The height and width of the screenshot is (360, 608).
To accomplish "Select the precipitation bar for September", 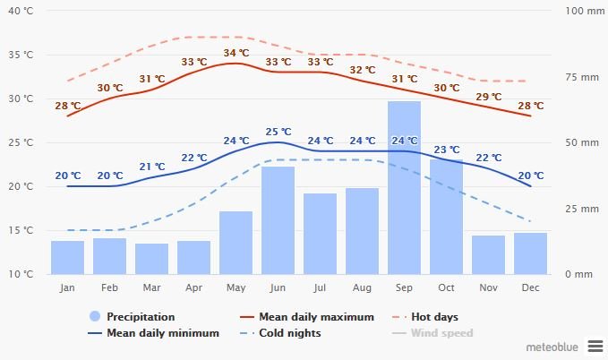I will point(404,187).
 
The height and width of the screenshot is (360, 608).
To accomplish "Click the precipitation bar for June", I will point(278,219).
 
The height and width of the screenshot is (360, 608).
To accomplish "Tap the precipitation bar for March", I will point(151,258).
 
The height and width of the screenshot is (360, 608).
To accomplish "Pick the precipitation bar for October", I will point(446,216).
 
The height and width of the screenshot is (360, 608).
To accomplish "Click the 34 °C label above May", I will point(236,53).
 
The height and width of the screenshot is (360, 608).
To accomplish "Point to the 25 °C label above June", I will point(278,132).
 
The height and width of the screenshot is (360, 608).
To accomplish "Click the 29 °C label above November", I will point(489,97).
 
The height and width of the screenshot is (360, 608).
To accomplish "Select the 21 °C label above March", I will point(152,167).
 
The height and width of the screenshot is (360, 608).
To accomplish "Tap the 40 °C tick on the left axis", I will point(21,11).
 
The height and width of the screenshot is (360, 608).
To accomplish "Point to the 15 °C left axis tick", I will point(21,230).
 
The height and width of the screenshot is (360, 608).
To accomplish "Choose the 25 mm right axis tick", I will point(581,209).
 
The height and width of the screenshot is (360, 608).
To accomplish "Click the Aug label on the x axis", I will point(362,287).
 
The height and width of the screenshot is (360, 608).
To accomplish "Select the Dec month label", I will point(530,287).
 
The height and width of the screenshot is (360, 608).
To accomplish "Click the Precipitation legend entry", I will point(132,317).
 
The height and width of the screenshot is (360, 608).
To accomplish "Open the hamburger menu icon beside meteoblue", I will point(595,345).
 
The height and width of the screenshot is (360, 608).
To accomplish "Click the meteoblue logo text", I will point(551,345).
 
